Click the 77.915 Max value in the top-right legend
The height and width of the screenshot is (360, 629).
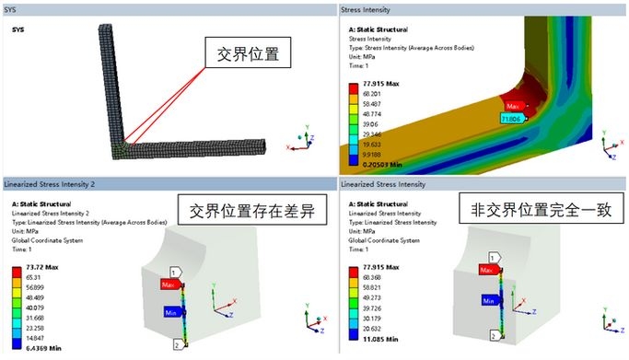coord(379,83)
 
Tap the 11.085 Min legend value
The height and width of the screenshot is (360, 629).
coord(379,338)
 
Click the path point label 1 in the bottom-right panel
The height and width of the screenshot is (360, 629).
coord(493,258)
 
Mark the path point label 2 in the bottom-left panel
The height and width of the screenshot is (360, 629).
coord(177,344)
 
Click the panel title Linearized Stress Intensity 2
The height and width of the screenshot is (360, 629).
coord(52,183)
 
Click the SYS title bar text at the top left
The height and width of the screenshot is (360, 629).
coord(11,8)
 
